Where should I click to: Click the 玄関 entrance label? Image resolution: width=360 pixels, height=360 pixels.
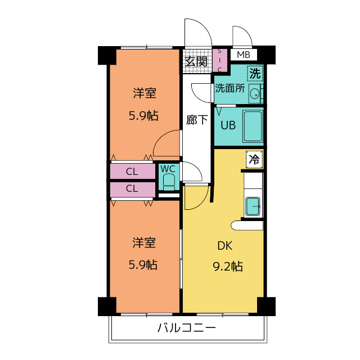coord(196,61)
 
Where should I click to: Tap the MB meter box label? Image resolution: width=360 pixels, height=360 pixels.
coord(244,55)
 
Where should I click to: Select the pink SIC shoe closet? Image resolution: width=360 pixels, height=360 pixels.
coord(220,60)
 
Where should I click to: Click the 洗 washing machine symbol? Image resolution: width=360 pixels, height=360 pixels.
coord(255,74)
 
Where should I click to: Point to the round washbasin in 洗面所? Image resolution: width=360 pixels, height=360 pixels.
coord(255,94)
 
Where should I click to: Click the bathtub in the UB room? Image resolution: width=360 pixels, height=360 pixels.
coord(253,126)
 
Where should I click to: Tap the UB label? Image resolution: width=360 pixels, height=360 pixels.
coord(228,125)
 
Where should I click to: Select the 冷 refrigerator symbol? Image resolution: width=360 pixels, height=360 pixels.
coord(254,159)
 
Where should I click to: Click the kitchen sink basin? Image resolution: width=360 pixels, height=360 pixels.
coord(253,206)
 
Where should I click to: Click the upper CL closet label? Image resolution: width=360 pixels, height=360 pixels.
coord(132,172)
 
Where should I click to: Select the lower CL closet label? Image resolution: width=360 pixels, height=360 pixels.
coord(132,188)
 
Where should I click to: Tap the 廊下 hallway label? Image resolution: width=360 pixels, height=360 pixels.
coord(197,120)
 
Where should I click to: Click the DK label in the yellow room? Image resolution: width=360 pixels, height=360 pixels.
coord(225,246)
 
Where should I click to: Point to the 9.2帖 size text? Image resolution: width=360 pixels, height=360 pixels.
coord(228,267)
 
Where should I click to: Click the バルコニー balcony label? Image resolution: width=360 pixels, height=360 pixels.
coord(186,327)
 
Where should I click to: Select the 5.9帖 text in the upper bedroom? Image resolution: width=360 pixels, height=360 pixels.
coord(143,115)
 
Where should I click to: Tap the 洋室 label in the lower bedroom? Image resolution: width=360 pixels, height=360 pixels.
coord(144,242)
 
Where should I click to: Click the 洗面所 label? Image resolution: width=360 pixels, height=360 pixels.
coord(230,88)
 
